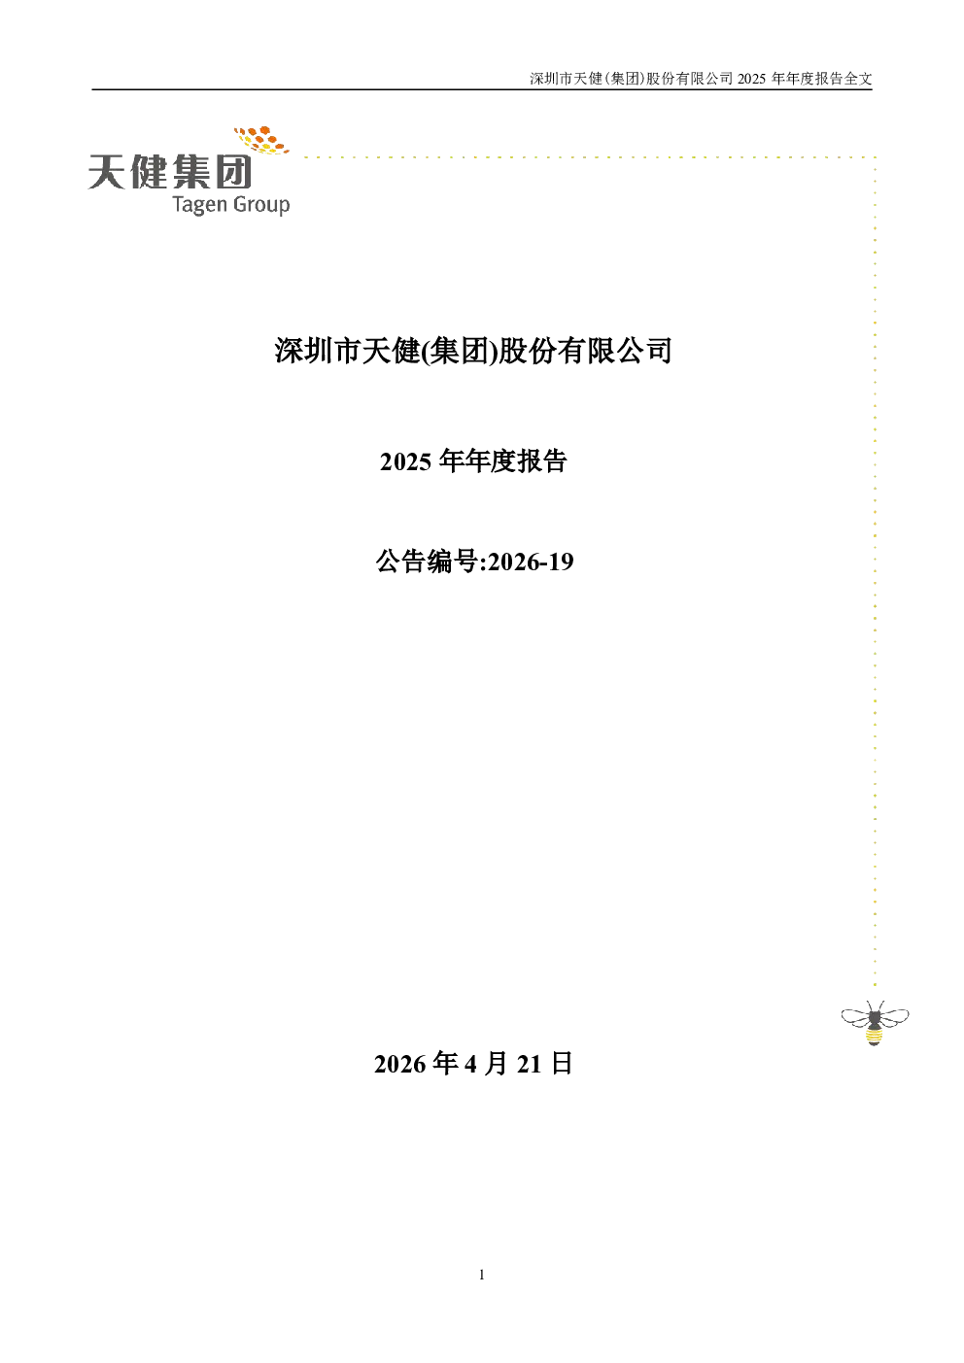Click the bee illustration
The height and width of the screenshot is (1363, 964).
[875, 1022]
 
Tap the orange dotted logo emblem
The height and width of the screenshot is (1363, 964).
[261, 140]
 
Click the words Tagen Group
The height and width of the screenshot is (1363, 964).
[230, 204]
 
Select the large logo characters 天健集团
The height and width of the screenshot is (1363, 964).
[170, 172]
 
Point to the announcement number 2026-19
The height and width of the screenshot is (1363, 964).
[531, 562]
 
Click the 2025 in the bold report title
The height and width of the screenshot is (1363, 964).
[405, 461]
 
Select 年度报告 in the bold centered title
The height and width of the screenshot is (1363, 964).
[516, 461]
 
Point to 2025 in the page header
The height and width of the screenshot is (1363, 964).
[751, 79]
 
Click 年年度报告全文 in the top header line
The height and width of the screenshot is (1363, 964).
[821, 79]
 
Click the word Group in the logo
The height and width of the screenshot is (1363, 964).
[261, 205]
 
